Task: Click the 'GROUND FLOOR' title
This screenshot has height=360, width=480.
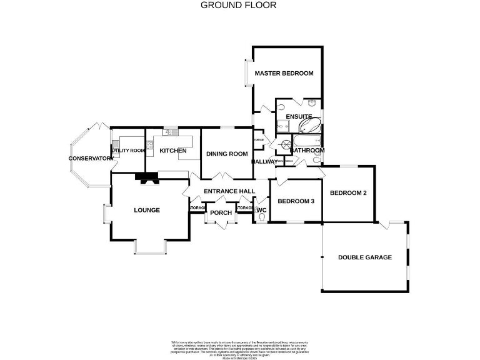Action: [238, 5]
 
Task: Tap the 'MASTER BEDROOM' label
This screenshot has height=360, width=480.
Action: [284, 74]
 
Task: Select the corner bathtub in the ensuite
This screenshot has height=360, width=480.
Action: [309, 126]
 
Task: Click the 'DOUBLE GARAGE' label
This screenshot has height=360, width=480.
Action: [365, 257]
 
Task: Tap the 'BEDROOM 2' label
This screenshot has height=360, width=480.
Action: [347, 193]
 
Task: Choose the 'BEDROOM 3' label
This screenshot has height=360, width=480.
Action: [296, 201]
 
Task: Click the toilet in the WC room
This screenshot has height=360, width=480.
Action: [261, 216]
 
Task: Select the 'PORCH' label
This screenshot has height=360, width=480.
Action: [221, 213]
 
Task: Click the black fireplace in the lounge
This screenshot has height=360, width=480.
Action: [148, 179]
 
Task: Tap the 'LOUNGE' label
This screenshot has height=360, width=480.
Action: [147, 210]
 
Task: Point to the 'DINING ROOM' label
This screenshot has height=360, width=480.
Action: [227, 154]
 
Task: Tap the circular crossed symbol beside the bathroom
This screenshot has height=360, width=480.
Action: [286, 144]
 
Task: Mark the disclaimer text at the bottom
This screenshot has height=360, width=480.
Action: [239, 347]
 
